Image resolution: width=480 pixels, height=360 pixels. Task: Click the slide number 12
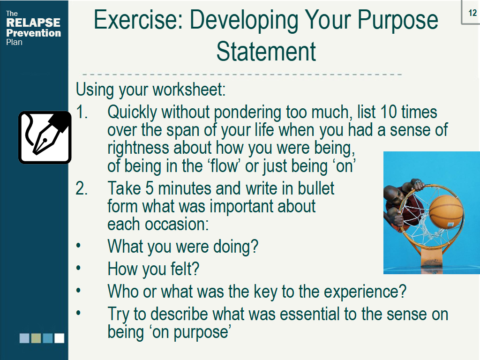pos(472,13)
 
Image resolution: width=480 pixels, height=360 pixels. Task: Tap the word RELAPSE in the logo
pos(33,22)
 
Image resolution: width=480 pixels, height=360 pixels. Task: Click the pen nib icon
pos(45,137)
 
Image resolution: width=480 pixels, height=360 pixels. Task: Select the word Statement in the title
pos(266,52)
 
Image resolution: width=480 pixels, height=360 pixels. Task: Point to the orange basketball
pos(446,212)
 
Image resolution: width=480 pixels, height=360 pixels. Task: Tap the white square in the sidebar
pos(60,338)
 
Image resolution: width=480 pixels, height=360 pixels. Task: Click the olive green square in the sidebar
pos(36,338)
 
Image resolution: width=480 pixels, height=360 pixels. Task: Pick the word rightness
pos(138,148)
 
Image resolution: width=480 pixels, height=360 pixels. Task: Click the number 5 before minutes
pos(150,188)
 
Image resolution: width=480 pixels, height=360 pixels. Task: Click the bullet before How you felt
pos(78,268)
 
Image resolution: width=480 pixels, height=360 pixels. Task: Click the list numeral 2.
pos(82,188)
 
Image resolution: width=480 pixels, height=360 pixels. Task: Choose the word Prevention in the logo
pos(33,33)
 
